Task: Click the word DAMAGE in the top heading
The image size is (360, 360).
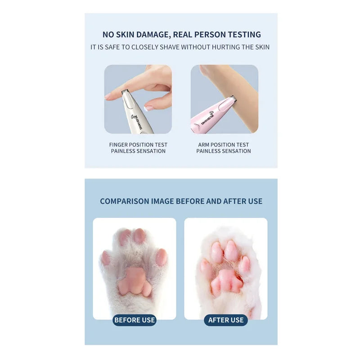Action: [152, 35]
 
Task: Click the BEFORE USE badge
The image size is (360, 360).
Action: [135, 320]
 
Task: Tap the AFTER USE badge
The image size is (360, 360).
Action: [226, 320]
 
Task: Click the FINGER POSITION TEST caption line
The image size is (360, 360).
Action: [138, 145]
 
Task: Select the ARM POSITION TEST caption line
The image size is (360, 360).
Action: [224, 145]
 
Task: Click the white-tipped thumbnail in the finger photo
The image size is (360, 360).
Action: [148, 108]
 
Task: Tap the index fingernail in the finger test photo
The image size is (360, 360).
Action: [108, 96]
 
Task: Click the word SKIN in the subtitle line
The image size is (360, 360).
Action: [262, 47]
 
